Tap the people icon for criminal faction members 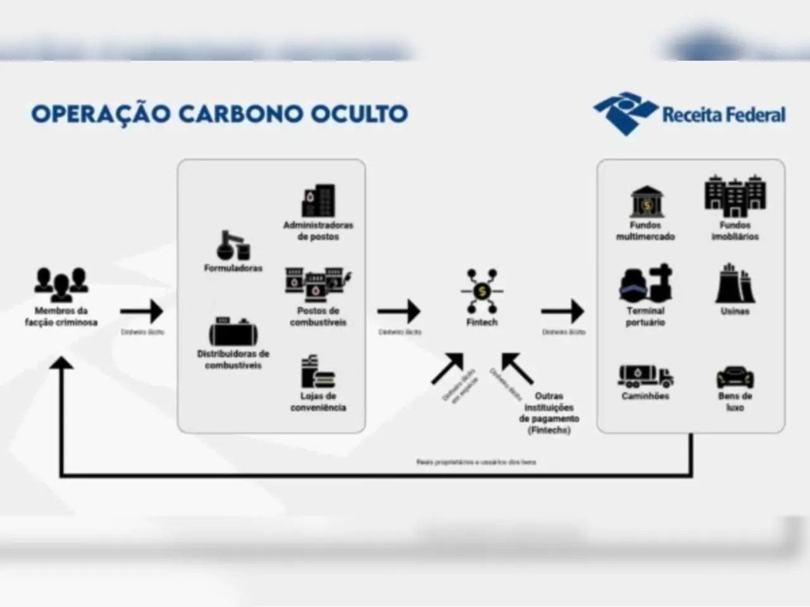61,285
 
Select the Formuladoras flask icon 233,245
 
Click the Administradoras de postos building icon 318,200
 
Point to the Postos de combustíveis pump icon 318,285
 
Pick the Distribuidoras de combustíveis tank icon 232,331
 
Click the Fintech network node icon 482,291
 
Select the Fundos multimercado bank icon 645,202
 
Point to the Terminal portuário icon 645,285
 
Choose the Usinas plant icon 735,284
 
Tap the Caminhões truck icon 645,377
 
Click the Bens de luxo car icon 735,378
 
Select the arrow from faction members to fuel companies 142,311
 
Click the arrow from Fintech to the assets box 563,311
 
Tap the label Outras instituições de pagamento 549,413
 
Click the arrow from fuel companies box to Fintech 399,311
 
